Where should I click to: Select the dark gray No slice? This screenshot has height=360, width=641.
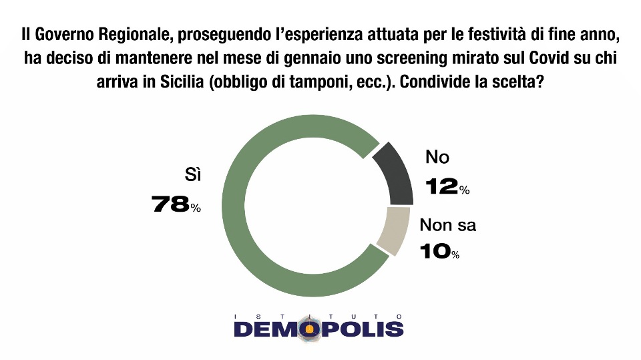[x=397, y=176]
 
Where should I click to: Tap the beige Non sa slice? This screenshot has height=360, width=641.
[x=393, y=230]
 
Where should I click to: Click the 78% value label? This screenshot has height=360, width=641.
[x=176, y=204]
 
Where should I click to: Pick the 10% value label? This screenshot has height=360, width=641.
[x=439, y=251]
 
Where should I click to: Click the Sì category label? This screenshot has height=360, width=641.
[x=192, y=175]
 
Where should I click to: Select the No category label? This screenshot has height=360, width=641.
[x=437, y=157]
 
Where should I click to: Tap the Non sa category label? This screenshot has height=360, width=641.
[x=447, y=225]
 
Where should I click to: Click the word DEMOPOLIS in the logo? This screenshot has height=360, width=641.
[x=318, y=329]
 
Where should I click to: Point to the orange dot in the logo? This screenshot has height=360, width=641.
[x=310, y=329]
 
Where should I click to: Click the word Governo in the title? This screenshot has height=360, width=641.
[x=66, y=35]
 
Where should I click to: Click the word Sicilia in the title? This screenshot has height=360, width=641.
[x=182, y=81]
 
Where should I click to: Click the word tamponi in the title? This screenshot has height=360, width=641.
[x=317, y=83]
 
